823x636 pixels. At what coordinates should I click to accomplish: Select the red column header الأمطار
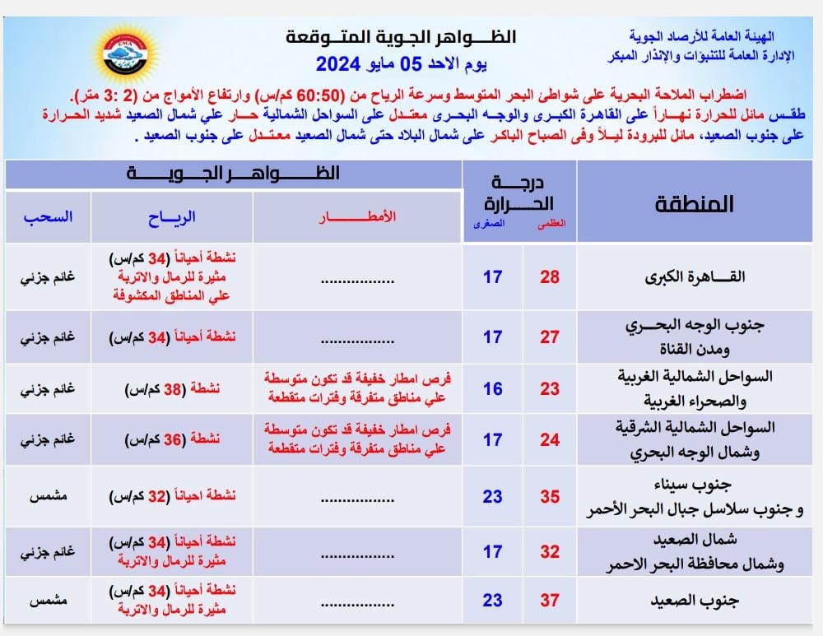pos(358,216)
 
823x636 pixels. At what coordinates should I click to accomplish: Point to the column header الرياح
pos(171,217)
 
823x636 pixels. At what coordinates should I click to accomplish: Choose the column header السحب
pos(48,217)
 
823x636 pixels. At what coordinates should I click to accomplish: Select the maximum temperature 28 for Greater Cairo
pos(550,276)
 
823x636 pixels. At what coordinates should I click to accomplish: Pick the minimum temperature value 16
pos(492,388)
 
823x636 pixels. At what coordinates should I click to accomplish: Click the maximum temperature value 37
pos(550,601)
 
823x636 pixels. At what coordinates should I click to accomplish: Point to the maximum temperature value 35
pos(550,497)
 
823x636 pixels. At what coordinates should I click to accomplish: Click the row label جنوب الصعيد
pos(705,601)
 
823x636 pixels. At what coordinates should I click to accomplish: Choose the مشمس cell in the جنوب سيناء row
pos(48,497)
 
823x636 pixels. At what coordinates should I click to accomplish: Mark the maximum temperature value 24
pos(550,440)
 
